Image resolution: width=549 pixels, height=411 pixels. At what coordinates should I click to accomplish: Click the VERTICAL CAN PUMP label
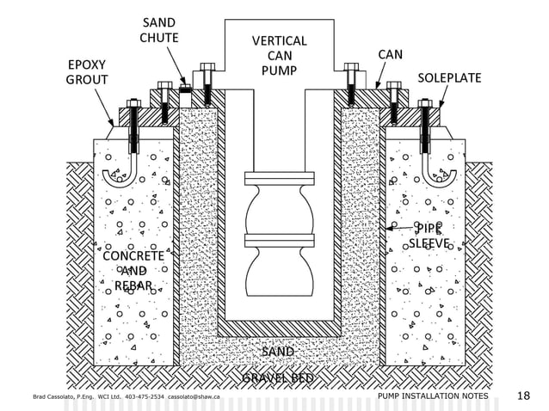tap(279, 55)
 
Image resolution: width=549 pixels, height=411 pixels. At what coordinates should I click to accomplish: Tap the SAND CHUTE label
tap(159, 30)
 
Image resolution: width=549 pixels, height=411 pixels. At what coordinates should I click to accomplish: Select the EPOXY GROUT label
tap(87, 73)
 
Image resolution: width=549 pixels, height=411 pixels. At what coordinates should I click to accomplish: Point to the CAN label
tap(390, 54)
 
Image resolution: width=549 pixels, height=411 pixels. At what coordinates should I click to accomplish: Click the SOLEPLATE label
tap(449, 78)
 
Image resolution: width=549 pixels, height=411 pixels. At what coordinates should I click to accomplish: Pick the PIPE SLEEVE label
tap(429, 236)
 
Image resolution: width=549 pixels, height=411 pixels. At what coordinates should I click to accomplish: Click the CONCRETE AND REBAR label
tap(133, 271)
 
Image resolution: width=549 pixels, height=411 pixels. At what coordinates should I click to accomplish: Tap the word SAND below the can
tap(277, 352)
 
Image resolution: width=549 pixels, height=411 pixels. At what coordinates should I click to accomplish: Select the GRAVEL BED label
tap(277, 377)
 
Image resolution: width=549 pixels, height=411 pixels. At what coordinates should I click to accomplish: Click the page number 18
tap(523, 396)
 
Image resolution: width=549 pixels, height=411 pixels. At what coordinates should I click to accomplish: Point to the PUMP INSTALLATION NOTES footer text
tap(432, 397)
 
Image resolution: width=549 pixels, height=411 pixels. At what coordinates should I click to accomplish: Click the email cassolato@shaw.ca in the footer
tap(194, 398)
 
